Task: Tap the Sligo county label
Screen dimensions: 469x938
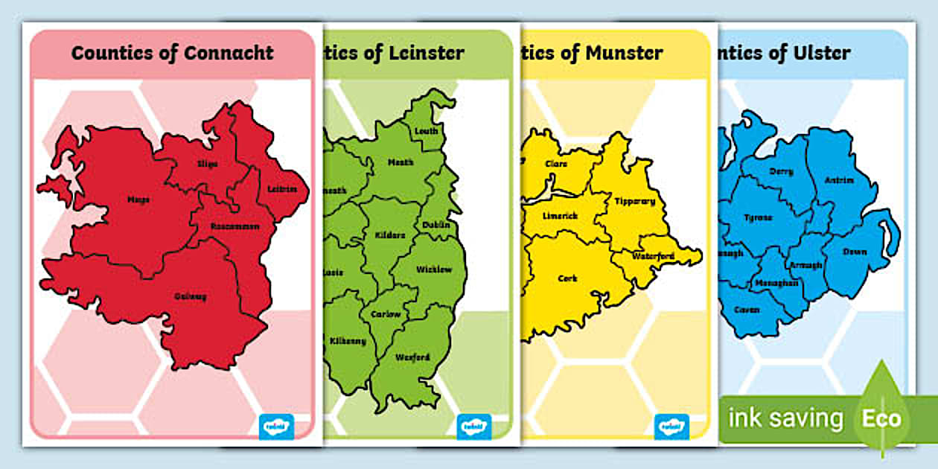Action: coord(208,163)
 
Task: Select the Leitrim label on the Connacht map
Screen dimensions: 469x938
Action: coord(284,189)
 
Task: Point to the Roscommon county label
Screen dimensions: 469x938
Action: coord(235,226)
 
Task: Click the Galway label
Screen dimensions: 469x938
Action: coord(191,296)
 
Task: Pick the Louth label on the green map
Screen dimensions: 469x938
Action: coord(427,132)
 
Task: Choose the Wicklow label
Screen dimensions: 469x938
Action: coord(434,269)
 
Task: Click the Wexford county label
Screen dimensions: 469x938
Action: coord(412,357)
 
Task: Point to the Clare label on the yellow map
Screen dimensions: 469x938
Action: coord(556,164)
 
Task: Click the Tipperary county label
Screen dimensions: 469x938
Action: coord(634,201)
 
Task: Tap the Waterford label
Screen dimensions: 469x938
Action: coord(653,256)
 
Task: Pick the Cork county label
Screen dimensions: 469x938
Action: coord(567,278)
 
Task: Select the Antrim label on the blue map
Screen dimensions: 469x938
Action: coord(839,180)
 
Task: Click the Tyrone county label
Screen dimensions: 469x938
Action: coord(759,217)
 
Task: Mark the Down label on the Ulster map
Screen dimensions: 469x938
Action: coord(855,252)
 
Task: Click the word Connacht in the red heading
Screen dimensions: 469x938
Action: coord(229,54)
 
